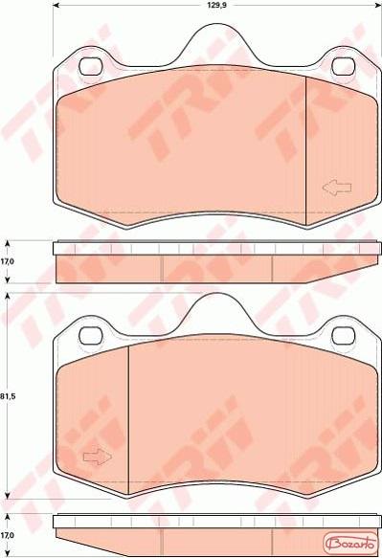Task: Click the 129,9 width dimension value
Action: coord(216,5)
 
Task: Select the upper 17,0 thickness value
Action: coord(7,261)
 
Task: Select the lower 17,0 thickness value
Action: coord(7,535)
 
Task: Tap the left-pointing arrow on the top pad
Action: coord(337,188)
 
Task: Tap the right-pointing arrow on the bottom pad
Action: coord(98,457)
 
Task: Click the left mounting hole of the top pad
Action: coord(90,66)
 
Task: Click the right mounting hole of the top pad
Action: coord(344,66)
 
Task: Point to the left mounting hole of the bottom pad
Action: coord(90,336)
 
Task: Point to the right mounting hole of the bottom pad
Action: coord(344,336)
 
